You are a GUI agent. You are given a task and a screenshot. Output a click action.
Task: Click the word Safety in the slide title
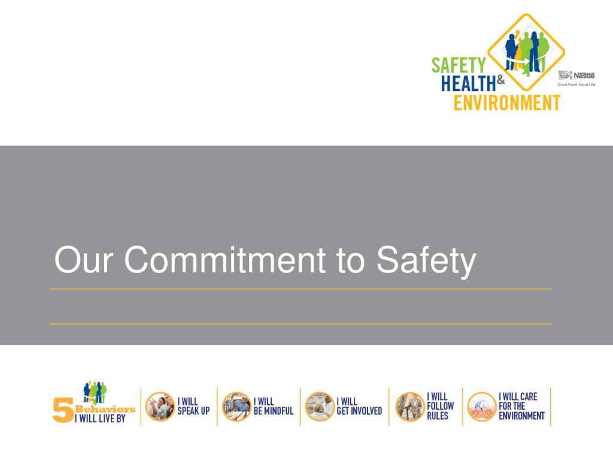(x=427, y=261)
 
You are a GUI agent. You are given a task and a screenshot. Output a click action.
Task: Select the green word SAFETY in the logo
(x=460, y=64)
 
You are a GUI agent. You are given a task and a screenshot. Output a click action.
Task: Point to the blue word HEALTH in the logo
(x=470, y=83)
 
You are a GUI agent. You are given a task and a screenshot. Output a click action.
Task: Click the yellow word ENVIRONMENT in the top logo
(x=506, y=102)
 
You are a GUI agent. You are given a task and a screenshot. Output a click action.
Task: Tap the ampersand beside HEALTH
(x=502, y=77)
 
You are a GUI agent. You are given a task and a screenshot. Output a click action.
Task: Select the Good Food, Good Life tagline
(x=576, y=85)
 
